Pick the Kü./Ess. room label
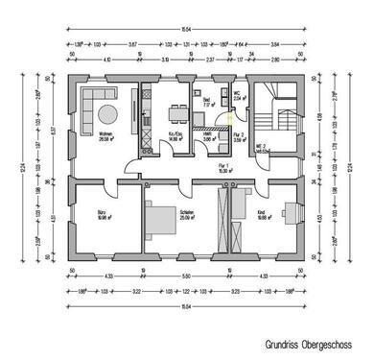175,135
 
